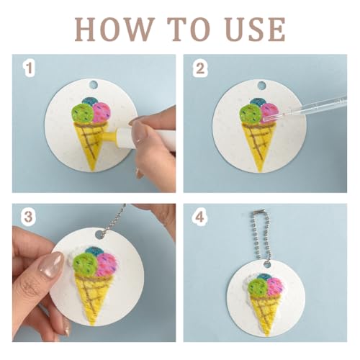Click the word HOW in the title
pyautogui.click(x=114, y=30)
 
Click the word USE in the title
pyautogui.click(x=256, y=30)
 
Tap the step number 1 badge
pyautogui.click(x=29, y=68)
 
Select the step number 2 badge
pyautogui.click(x=200, y=68)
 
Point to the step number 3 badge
pyautogui.click(x=28, y=217)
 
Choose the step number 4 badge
pyautogui.click(x=199, y=217)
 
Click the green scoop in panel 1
pyautogui.click(x=83, y=114)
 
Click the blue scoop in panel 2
pyautogui.click(x=258, y=102)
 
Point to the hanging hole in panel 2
pyautogui.click(x=261, y=85)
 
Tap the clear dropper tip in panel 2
pyautogui.click(x=266, y=118)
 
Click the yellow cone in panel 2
pyautogui.click(x=258, y=144)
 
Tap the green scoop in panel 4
pyautogui.click(x=258, y=287)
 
